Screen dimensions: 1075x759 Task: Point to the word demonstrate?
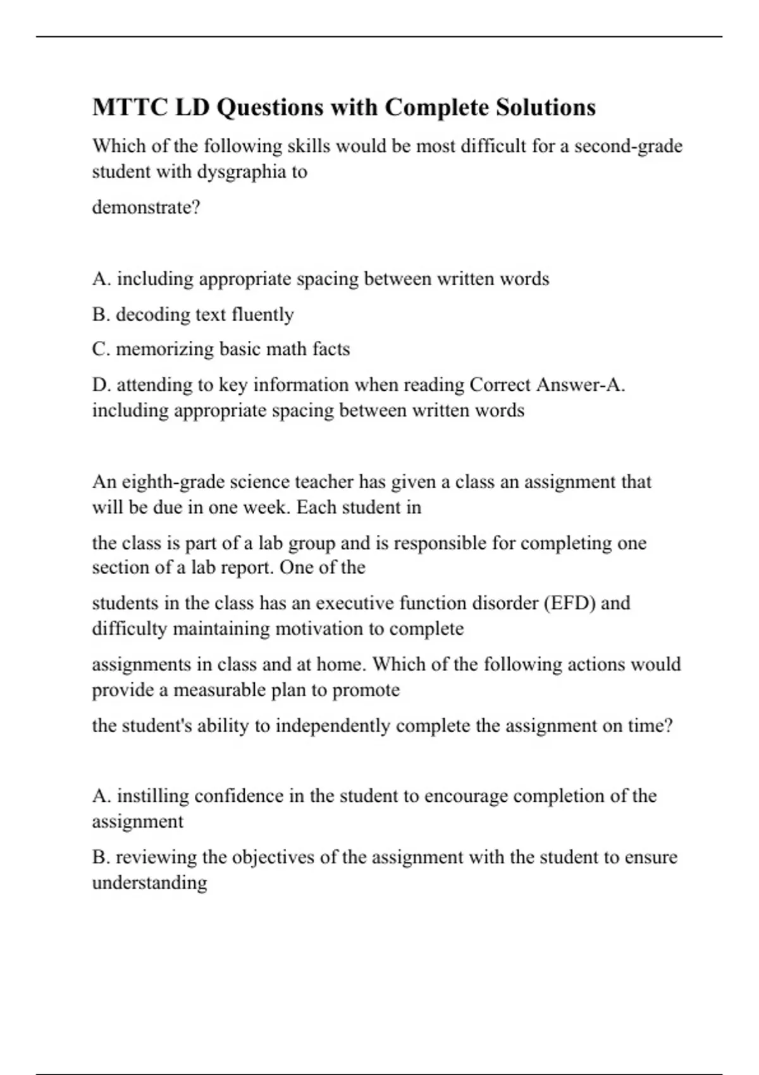pyautogui.click(x=146, y=207)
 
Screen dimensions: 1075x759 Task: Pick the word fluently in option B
pyautogui.click(x=262, y=314)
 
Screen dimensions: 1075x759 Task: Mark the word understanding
pyautogui.click(x=150, y=883)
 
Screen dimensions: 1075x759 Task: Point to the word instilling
pyautogui.click(x=152, y=795)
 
